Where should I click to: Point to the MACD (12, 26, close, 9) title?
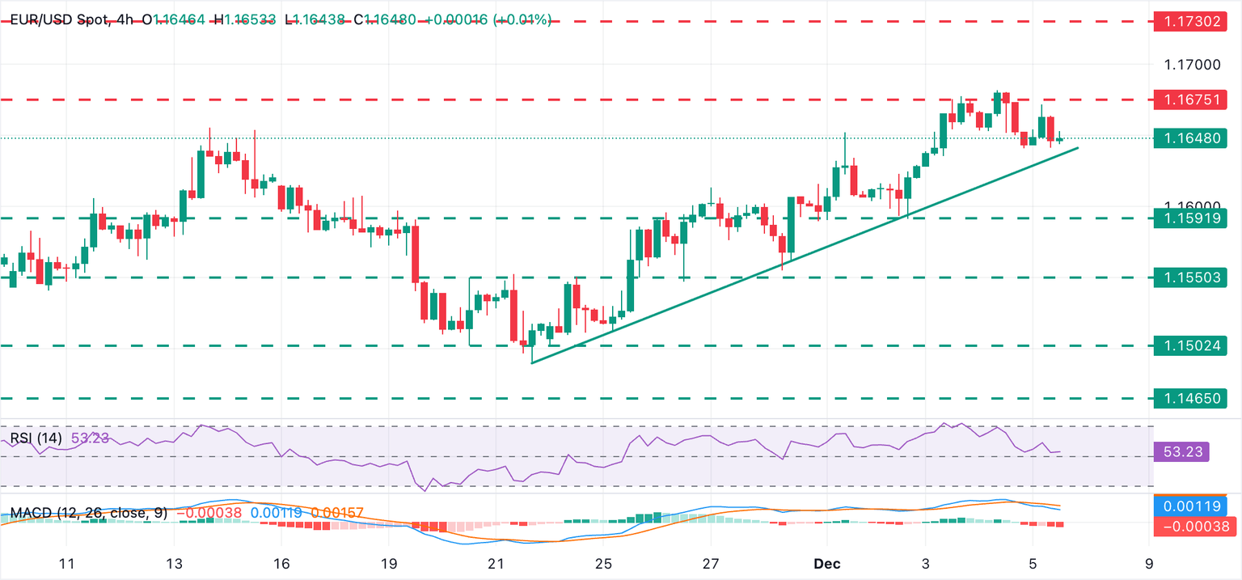coord(87,513)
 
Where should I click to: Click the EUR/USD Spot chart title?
coord(57,19)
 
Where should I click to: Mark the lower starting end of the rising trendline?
coord(532,362)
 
